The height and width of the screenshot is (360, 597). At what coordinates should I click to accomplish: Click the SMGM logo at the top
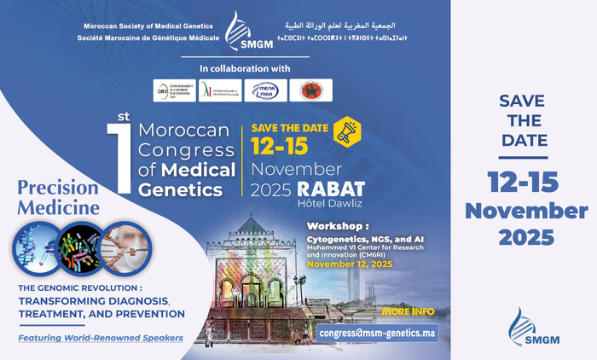[x=239, y=32]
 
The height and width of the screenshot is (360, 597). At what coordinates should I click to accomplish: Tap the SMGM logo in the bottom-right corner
[x=524, y=328]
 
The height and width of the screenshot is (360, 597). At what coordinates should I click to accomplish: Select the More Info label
[x=409, y=311]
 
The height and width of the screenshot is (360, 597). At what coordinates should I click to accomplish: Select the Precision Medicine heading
[x=59, y=195]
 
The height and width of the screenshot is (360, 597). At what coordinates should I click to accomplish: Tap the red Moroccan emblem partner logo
[x=310, y=90]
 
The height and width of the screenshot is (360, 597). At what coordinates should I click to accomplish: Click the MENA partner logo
[x=266, y=90]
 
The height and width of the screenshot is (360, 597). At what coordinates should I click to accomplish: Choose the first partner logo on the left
[x=174, y=90]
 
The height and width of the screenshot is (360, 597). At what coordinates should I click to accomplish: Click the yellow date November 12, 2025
[x=349, y=264]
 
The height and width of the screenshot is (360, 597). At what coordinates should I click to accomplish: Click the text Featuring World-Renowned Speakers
[x=101, y=338]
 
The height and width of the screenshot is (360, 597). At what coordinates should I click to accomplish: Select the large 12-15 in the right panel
[x=524, y=182]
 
